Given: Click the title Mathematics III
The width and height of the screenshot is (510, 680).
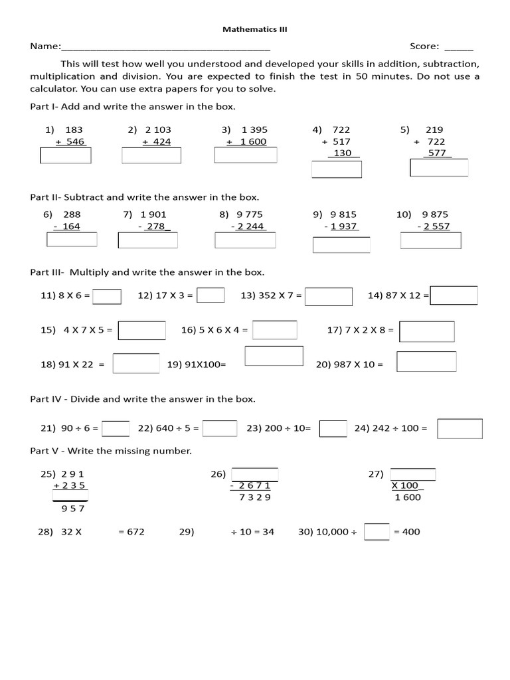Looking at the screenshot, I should pyautogui.click(x=254, y=29).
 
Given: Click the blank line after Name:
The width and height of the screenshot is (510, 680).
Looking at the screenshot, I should pyautogui.click(x=165, y=48).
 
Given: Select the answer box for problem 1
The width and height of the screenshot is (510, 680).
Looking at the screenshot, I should pyautogui.click(x=66, y=155).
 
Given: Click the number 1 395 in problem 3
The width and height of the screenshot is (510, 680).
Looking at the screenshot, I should pyautogui.click(x=254, y=129).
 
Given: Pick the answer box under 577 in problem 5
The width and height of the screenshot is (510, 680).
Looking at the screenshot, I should pyautogui.click(x=439, y=168).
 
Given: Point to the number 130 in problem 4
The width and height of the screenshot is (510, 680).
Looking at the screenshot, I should pyautogui.click(x=343, y=153).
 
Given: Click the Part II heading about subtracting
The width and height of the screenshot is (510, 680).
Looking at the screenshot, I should pyautogui.click(x=145, y=197).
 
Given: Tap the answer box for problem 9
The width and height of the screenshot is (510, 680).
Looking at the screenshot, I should pyautogui.click(x=341, y=245).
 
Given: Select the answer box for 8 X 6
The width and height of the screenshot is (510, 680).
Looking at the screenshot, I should pyautogui.click(x=107, y=296).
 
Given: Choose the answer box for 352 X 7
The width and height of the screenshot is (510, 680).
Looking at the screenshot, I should pyautogui.click(x=329, y=296).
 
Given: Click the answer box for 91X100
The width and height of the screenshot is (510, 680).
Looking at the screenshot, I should pyautogui.click(x=274, y=356).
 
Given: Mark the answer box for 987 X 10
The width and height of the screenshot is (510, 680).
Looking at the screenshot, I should pyautogui.click(x=426, y=362).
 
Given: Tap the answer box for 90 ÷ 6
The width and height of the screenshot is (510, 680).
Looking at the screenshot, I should pyautogui.click(x=116, y=428).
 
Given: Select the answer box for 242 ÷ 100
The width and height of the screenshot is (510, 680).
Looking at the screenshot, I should pyautogui.click(x=460, y=428).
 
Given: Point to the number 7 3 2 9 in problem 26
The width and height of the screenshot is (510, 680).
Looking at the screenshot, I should pyautogui.click(x=255, y=497).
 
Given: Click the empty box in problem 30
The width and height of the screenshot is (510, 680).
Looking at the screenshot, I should pyautogui.click(x=377, y=532).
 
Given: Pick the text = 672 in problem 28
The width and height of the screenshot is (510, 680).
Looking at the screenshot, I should pyautogui.click(x=131, y=532).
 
